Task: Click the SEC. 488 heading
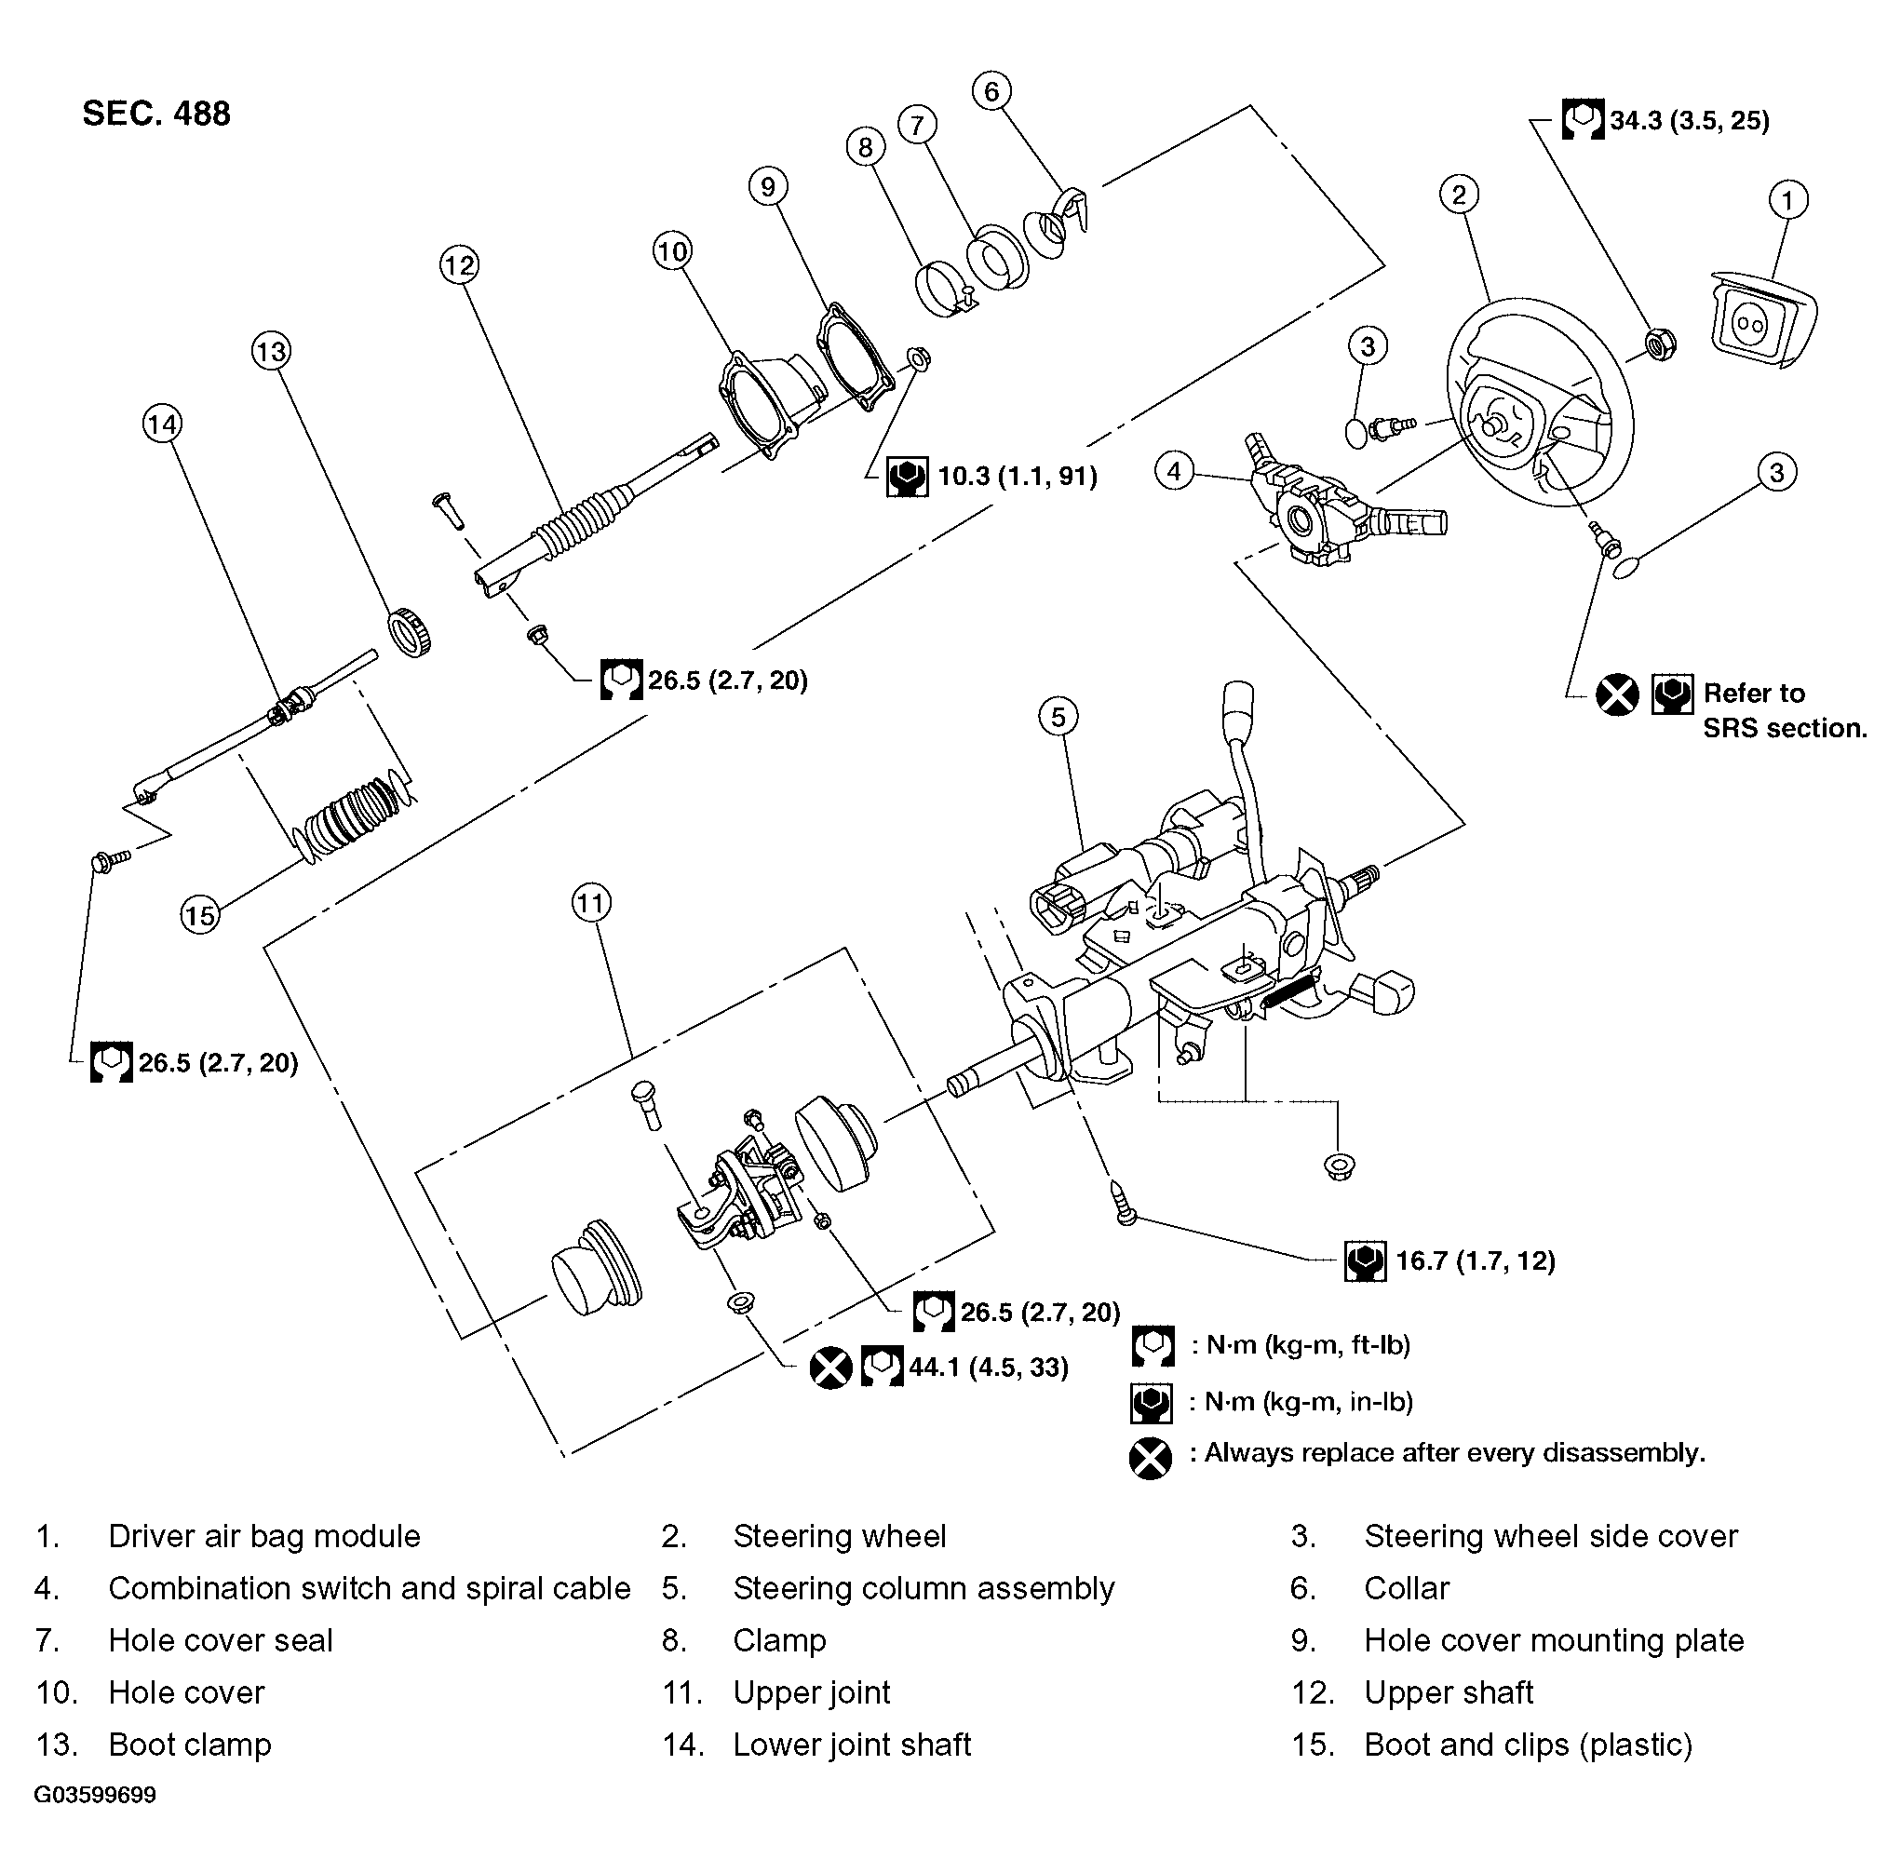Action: [x=155, y=114]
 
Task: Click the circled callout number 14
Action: [x=161, y=425]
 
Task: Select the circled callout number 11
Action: [x=590, y=903]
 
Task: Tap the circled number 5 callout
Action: [x=1058, y=716]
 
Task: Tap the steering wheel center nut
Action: [x=1660, y=344]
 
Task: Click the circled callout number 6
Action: [x=991, y=91]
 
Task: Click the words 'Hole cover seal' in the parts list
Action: [x=221, y=1640]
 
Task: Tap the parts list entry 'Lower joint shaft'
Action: [x=851, y=1745]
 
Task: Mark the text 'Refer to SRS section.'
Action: [x=1783, y=710]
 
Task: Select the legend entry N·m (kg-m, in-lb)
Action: [x=1308, y=1401]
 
